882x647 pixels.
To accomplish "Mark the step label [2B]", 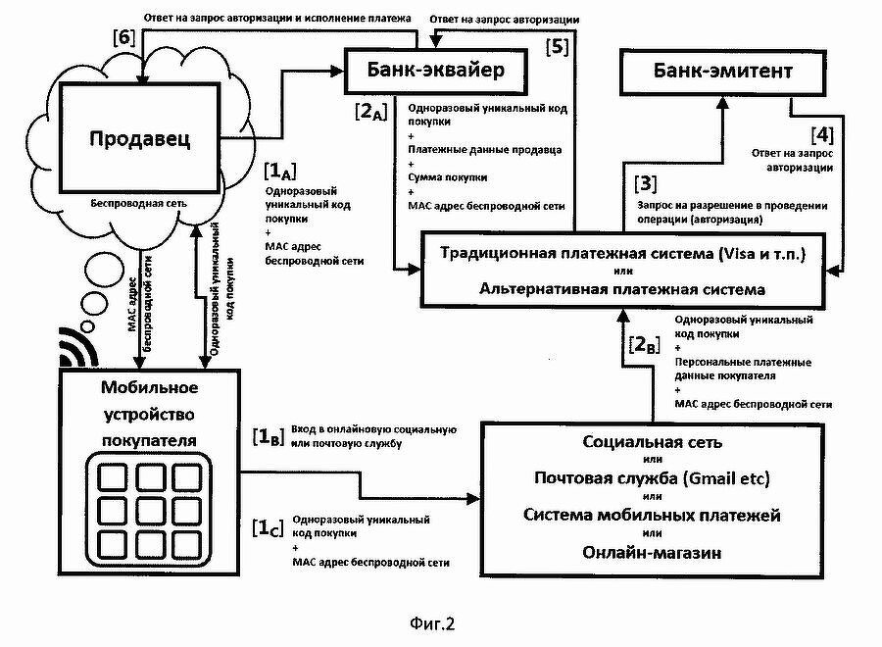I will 644,345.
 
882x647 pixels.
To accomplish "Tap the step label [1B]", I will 269,437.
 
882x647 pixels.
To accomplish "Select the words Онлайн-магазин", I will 652,553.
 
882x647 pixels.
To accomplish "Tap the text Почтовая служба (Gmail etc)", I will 652,477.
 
